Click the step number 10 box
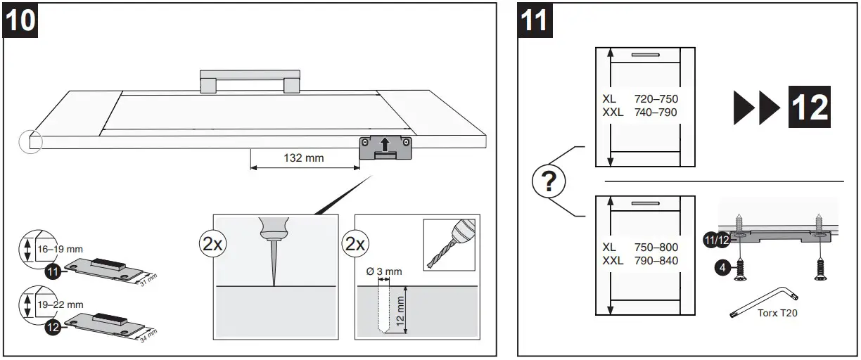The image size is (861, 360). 21,20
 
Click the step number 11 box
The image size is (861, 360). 534,20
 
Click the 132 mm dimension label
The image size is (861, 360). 304,158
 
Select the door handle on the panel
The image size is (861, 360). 250,80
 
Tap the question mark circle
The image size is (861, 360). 550,184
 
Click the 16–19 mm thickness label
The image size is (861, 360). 60,248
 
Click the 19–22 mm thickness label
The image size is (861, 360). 60,304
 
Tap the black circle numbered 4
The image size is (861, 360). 722,268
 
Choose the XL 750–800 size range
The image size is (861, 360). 640,247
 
